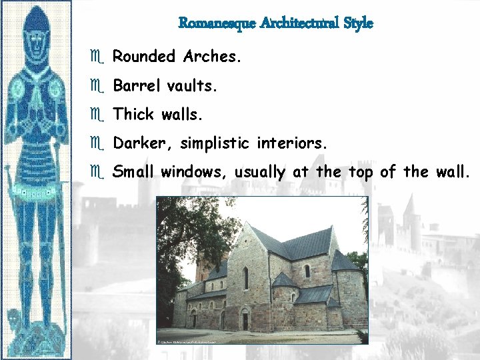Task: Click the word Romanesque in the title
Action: (x=217, y=23)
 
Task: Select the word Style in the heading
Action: (x=358, y=23)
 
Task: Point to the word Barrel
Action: (x=135, y=86)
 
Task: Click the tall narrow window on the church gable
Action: (x=246, y=277)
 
